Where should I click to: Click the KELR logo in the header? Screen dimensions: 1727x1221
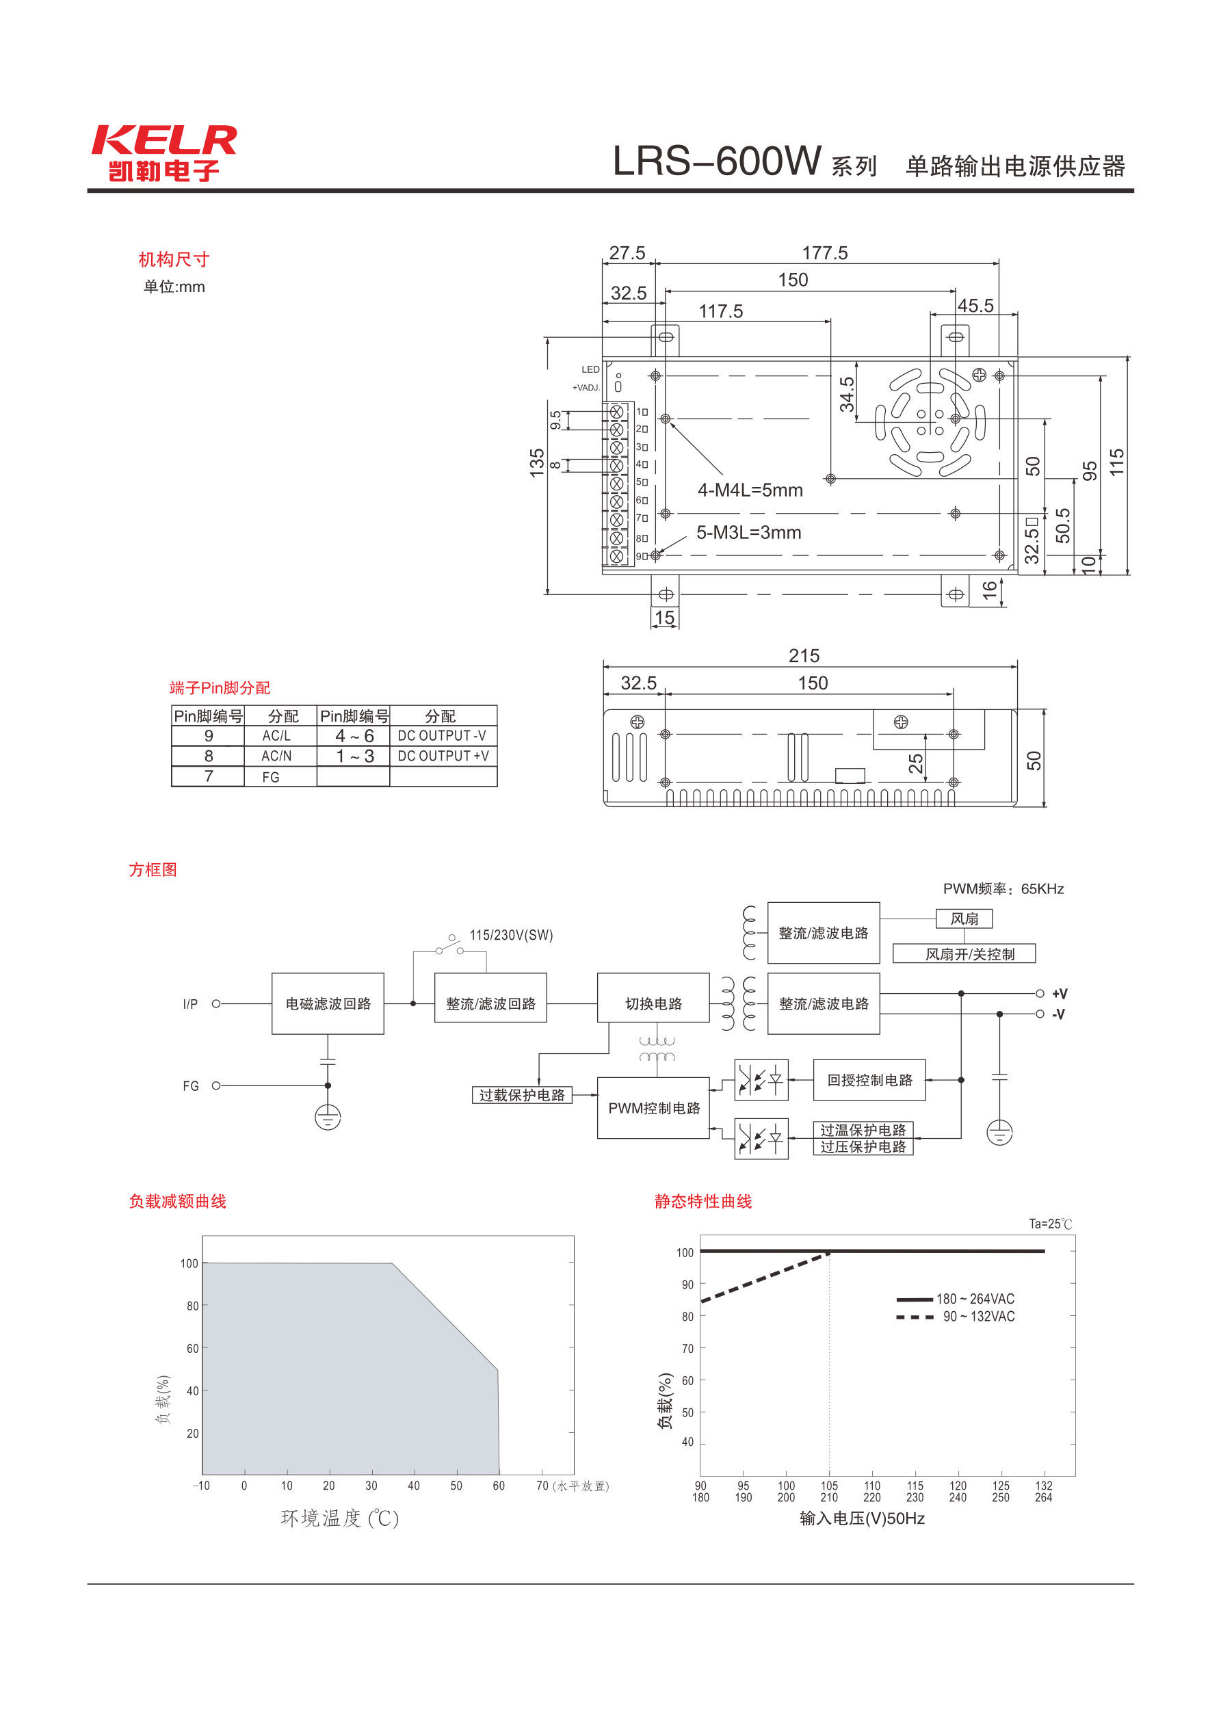coord(164,153)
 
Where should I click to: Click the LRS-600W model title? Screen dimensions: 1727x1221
coord(716,161)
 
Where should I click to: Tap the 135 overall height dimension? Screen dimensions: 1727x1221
coord(536,462)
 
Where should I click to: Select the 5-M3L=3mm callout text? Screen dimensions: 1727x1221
coord(748,533)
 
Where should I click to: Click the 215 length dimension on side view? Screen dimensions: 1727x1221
coord(804,656)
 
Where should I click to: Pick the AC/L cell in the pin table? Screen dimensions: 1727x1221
coord(276,736)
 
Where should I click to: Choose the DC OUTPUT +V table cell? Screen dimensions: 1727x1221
coord(443,756)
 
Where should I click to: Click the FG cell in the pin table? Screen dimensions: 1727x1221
coord(271,777)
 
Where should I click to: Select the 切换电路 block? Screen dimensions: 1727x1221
coord(653,1003)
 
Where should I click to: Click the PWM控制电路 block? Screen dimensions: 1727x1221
coord(653,1108)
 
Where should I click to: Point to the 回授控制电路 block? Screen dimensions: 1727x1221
coord(869,1080)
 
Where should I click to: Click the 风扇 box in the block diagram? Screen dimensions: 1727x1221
coord(964,919)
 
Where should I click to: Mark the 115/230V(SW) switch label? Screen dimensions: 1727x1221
coord(511,935)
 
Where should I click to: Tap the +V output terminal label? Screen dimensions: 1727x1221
coord(1060,994)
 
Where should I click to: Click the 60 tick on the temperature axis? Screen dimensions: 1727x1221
coord(498,1486)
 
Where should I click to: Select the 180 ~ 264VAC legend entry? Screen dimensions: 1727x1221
coord(974,1299)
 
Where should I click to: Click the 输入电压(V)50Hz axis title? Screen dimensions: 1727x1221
coord(861,1518)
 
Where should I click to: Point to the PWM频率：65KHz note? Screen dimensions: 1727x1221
coord(1003,889)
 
